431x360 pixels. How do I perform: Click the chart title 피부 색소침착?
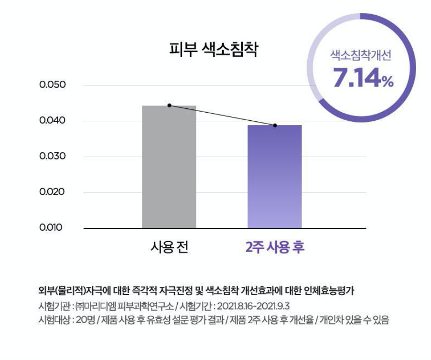[214, 50]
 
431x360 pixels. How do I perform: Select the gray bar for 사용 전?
[169, 167]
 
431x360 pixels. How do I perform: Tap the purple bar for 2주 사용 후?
[275, 177]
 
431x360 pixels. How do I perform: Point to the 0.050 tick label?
[52, 85]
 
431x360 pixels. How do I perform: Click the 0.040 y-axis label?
[52, 121]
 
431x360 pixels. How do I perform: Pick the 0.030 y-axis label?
[52, 157]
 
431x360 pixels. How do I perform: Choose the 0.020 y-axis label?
[52, 192]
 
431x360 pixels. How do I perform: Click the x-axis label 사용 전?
[169, 248]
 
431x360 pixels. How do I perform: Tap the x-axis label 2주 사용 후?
[275, 248]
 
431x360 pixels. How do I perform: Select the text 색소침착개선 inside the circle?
[361, 55]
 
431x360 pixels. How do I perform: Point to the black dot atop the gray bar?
[169, 106]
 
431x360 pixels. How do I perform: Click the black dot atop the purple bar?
[275, 125]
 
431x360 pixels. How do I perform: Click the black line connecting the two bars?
[222, 116]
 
